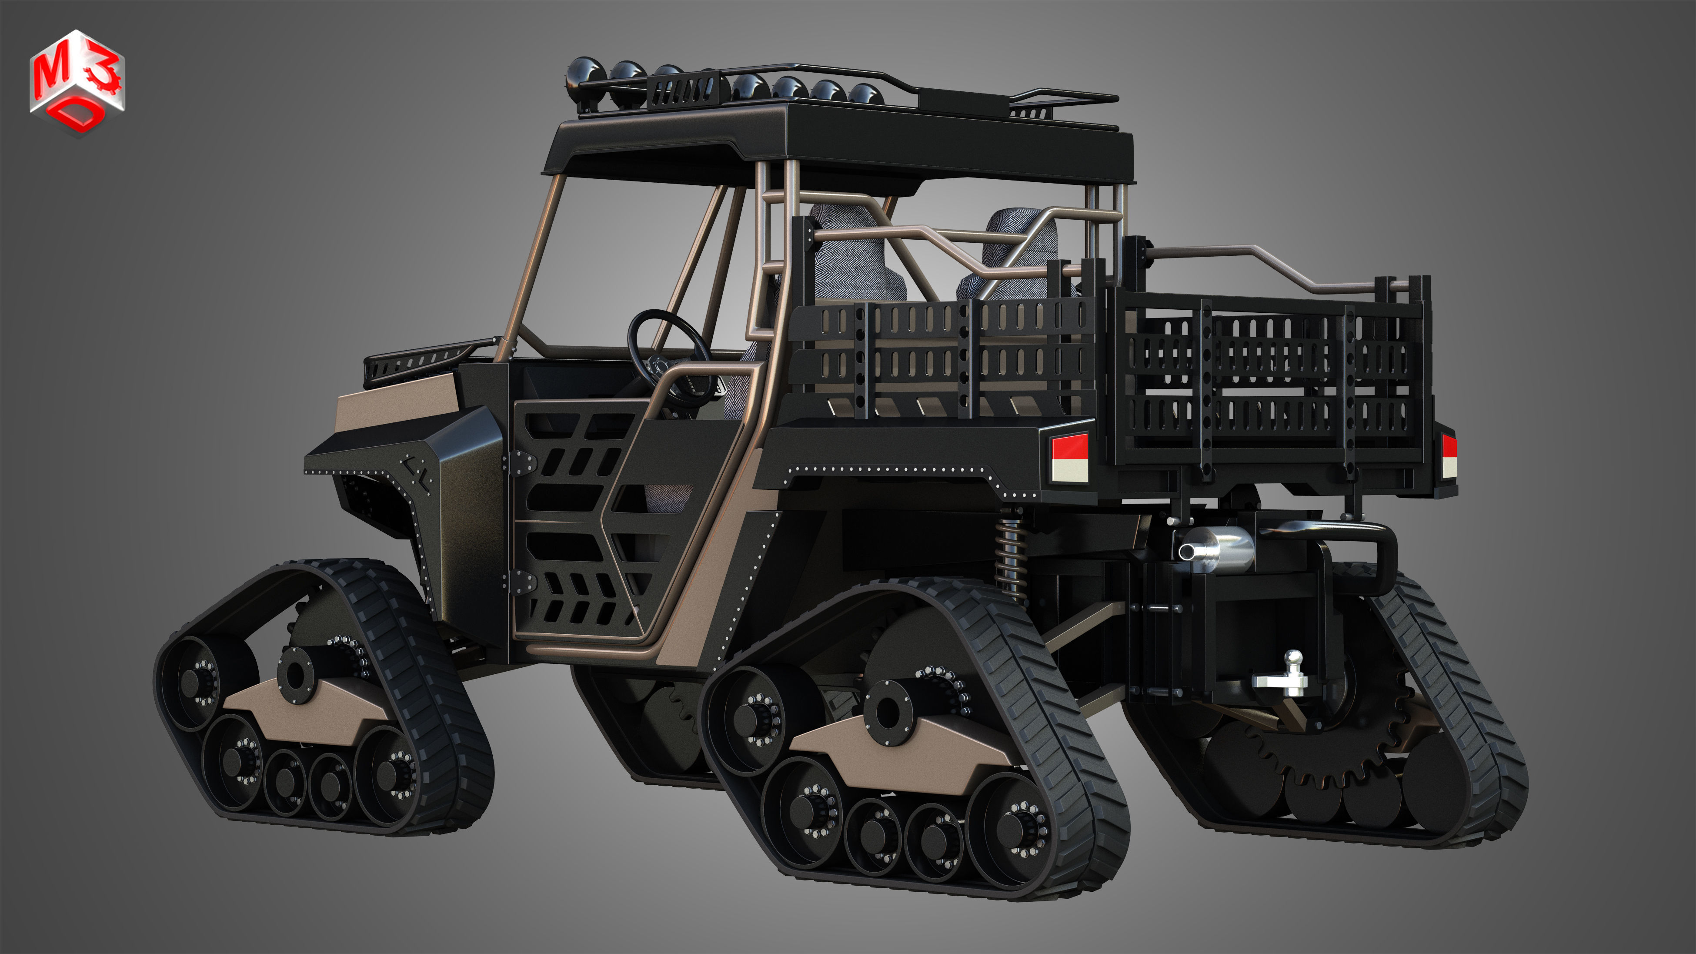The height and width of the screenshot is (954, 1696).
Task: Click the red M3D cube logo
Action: pyautogui.click(x=77, y=82)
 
